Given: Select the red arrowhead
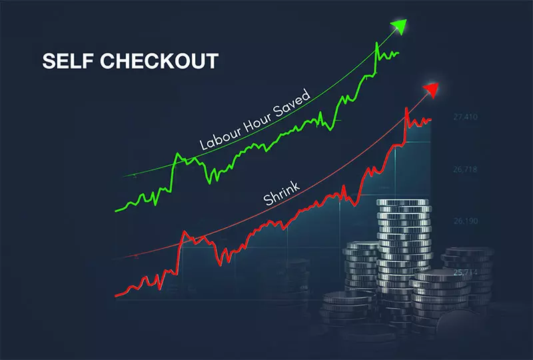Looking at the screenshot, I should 431,89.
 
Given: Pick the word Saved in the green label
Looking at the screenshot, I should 293,105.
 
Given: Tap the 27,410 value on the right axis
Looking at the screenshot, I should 466,118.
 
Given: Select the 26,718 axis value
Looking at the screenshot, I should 466,170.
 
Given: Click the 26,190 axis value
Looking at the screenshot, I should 466,221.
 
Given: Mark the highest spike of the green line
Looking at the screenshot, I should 377,43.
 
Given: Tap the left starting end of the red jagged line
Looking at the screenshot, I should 116,295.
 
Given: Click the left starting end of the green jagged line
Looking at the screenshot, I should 116,211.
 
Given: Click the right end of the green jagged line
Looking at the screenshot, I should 398,53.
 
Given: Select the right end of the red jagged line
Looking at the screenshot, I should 430,120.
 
